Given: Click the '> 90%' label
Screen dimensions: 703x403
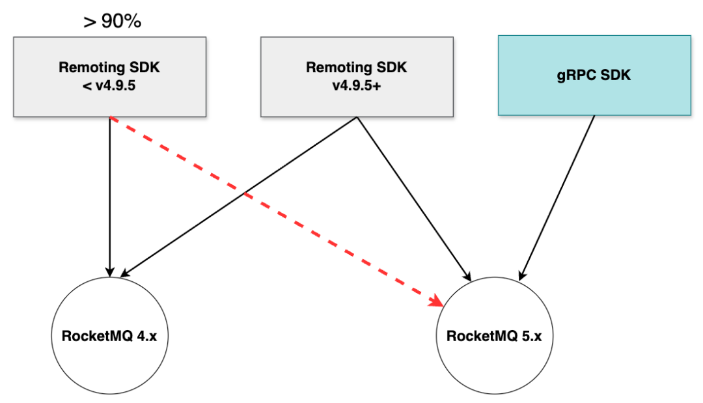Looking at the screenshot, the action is (x=113, y=21).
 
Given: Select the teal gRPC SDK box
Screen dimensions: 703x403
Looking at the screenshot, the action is (x=594, y=76).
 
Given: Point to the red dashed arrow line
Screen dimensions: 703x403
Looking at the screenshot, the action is (x=277, y=212).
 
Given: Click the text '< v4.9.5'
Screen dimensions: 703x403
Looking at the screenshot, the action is (x=109, y=85).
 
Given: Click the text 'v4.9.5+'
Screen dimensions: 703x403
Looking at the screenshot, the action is (x=357, y=85).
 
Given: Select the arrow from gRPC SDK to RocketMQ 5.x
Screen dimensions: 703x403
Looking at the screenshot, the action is (x=557, y=198).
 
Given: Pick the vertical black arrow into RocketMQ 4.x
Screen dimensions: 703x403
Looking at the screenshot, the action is (x=110, y=197).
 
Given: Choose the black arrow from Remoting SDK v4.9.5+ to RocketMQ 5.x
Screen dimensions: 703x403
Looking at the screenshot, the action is (x=414, y=199).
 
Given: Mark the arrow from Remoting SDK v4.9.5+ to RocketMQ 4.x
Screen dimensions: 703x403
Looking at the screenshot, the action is (x=238, y=197).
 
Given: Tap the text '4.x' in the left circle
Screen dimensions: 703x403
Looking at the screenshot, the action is (x=146, y=336).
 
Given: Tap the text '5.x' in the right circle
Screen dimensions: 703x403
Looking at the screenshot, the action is (x=531, y=336).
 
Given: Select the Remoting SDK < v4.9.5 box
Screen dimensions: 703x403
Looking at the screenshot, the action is (x=110, y=77).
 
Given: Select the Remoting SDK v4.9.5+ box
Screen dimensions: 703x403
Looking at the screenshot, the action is (x=357, y=77).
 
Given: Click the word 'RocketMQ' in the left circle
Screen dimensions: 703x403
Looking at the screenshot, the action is (x=97, y=336).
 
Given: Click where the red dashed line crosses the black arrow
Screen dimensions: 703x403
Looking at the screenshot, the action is (x=244, y=193).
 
